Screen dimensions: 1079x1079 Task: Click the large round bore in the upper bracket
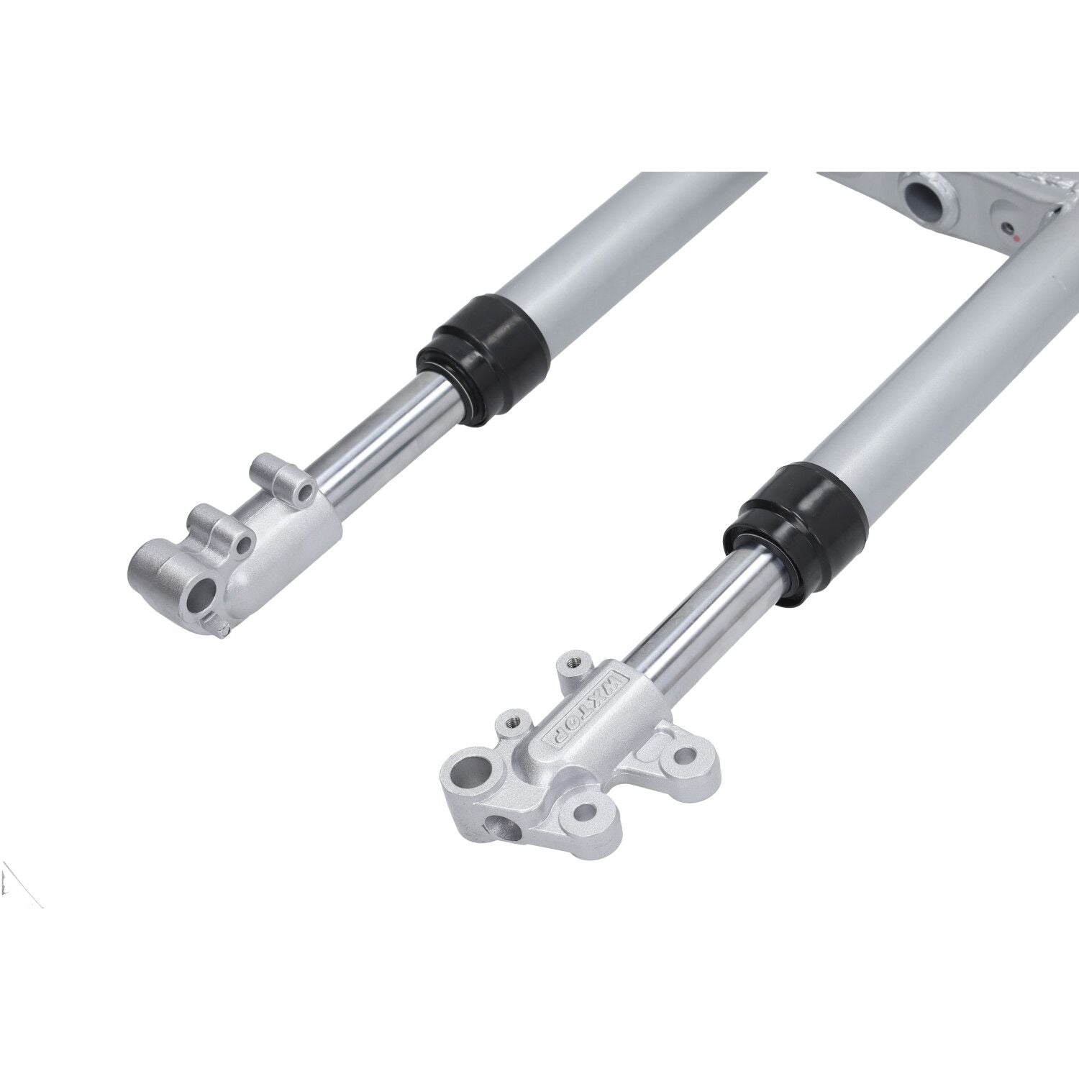tap(922, 196)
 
